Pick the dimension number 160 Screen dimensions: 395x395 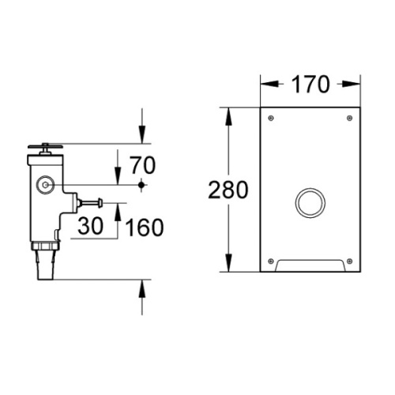coord(144,227)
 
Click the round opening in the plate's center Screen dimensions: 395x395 coord(310,202)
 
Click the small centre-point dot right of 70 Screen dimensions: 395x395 coord(141,186)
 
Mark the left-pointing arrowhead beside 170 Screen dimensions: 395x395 coord(265,82)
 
